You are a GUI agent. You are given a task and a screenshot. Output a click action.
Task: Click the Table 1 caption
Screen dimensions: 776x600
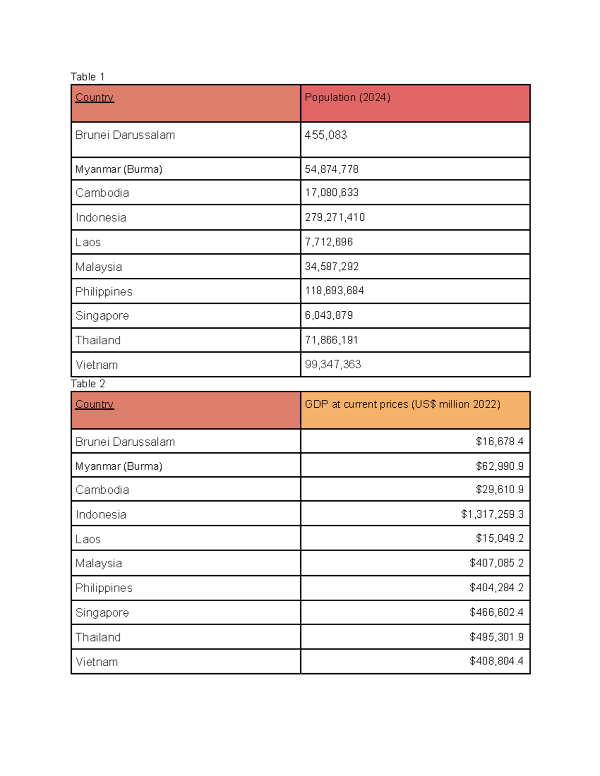point(87,77)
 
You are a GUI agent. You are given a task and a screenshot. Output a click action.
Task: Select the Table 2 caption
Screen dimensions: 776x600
point(87,384)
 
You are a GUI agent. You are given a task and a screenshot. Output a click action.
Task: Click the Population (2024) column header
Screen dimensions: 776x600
point(347,97)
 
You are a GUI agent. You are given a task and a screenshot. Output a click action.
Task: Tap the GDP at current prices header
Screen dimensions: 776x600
point(402,404)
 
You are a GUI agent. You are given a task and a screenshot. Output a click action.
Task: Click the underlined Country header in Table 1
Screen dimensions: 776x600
point(94,97)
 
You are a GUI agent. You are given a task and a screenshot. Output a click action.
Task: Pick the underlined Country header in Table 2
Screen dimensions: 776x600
point(94,404)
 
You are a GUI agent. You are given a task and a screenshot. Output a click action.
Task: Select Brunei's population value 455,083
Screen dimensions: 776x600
point(325,135)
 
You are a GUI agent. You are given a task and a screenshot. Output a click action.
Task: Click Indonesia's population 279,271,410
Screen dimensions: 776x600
point(334,217)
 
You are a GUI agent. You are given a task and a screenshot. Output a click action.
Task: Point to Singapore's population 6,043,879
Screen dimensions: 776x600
point(328,315)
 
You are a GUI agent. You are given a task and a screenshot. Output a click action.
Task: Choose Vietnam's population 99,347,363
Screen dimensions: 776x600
point(332,364)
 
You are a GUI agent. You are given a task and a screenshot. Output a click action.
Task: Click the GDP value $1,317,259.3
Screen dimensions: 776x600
point(492,514)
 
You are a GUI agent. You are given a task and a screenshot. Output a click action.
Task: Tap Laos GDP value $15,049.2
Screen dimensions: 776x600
point(499,538)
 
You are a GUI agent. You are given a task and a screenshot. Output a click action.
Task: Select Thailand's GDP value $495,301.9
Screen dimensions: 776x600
point(496,637)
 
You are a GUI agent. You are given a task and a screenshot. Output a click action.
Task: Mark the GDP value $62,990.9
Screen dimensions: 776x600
point(499,466)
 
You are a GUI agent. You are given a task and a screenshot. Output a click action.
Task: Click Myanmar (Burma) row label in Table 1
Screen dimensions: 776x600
point(118,169)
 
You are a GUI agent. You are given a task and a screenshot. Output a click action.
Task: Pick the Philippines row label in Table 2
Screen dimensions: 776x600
point(103,588)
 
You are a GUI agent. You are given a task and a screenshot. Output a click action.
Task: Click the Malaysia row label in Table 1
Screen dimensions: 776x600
point(98,267)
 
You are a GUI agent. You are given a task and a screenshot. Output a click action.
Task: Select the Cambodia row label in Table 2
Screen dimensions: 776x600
point(102,490)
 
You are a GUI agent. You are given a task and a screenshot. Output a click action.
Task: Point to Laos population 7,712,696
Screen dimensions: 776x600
point(328,242)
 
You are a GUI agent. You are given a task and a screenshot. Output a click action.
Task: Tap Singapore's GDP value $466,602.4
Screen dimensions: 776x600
point(496,613)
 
